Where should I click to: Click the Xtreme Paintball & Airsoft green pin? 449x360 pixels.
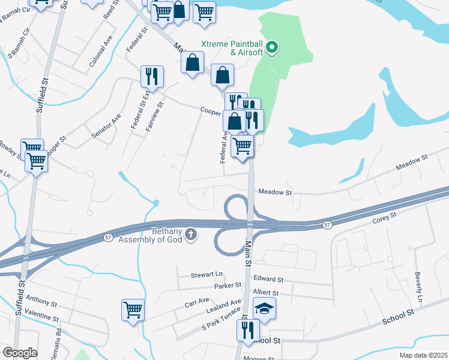pos(272,46)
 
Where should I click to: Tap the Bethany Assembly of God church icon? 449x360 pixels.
pos(191,235)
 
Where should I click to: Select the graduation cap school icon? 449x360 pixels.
pos(264,308)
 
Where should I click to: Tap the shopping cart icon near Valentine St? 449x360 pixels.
pos(133,310)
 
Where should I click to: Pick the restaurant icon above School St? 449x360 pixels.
pos(247,329)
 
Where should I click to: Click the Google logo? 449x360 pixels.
pos(20,353)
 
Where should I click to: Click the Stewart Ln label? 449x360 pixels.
pos(206,275)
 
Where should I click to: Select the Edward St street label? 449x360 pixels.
pos(268,279)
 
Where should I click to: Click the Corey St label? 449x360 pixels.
pos(385,218)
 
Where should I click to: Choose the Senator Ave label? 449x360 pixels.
pos(107,126)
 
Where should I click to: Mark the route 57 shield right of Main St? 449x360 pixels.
pos(326,225)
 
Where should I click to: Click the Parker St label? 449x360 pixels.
pos(228,286)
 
